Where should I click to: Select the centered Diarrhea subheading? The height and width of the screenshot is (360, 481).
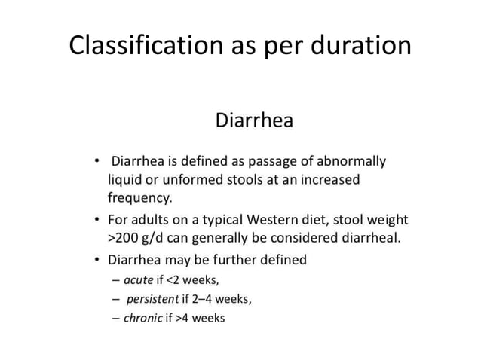click(x=254, y=121)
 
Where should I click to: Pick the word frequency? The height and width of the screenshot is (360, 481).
click(x=139, y=200)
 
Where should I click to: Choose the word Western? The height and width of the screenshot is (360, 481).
click(x=272, y=220)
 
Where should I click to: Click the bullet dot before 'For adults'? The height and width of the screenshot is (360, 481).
click(x=97, y=220)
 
